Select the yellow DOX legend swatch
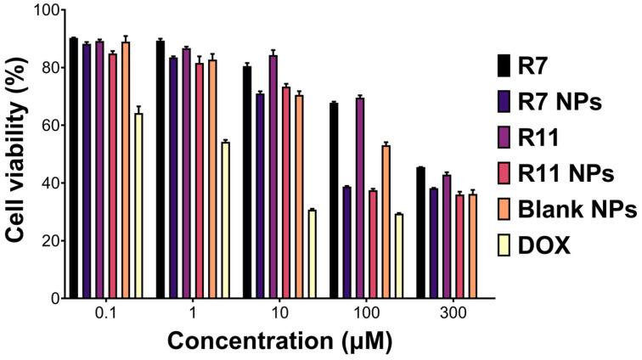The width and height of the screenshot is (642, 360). click(504, 246)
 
